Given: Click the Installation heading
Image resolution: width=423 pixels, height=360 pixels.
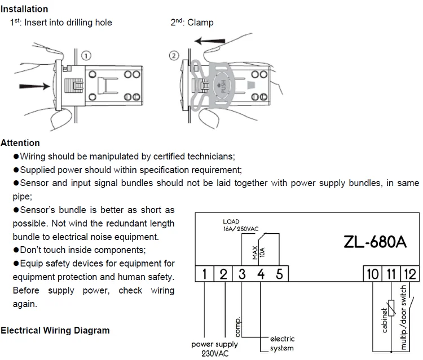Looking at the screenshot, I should click(24, 9).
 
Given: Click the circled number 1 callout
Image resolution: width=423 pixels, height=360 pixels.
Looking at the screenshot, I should click(86, 56).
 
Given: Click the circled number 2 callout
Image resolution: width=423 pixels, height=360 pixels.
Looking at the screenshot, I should click(174, 56).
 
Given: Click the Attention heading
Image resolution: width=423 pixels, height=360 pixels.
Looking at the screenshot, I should click(21, 143).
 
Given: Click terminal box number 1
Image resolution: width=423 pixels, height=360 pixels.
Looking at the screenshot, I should click(205, 274).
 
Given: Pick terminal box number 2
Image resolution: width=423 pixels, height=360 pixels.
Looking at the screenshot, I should click(223, 274).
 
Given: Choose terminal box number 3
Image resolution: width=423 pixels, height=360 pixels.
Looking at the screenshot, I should click(242, 274).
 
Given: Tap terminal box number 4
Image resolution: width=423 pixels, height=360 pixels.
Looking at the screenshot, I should click(261, 274).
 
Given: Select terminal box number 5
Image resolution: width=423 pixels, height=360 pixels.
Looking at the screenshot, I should click(279, 274).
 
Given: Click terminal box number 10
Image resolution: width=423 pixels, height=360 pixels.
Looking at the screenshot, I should click(372, 274).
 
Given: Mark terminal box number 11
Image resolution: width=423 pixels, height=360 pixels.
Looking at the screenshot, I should click(390, 274).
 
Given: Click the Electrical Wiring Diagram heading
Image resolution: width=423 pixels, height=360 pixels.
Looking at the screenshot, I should click(55, 331).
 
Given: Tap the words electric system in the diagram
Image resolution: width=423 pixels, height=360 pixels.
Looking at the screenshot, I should click(282, 344).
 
